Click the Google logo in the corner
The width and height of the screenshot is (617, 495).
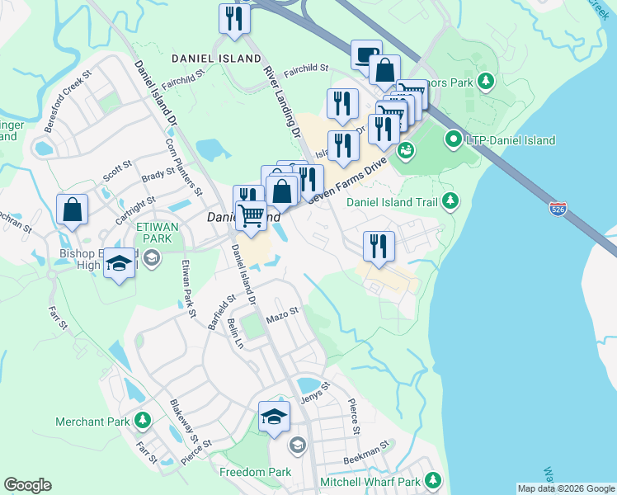[x=27, y=485]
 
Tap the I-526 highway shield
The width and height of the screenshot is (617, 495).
[x=558, y=210]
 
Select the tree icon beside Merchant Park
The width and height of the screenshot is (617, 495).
[x=143, y=422]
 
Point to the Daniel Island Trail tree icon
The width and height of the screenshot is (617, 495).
[x=450, y=200]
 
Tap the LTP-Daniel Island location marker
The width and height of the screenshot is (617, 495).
[x=453, y=140]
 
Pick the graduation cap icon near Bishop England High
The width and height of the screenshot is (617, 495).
[x=120, y=264]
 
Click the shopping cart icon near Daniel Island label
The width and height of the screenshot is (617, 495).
[x=252, y=217]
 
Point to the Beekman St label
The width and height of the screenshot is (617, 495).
[x=367, y=453]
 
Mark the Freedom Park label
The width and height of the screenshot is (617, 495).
[x=256, y=472]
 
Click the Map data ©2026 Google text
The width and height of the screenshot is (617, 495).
[x=565, y=488]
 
